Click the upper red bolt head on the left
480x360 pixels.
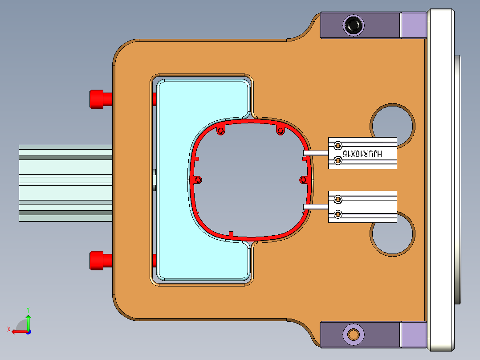coord(97,98)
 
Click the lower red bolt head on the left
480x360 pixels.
coord(97,260)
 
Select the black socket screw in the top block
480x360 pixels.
coord(354,25)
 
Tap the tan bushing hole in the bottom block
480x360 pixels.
coord(354,334)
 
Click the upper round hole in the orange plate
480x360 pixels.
coord(392,120)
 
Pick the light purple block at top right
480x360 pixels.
coord(413,25)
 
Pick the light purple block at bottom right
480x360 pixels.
coord(413,334)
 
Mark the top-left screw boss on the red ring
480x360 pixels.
coord(220,131)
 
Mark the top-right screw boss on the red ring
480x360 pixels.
coord(281,131)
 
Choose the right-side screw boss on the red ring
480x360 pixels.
coord(303,180)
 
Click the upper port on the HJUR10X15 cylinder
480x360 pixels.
coord(338,146)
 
